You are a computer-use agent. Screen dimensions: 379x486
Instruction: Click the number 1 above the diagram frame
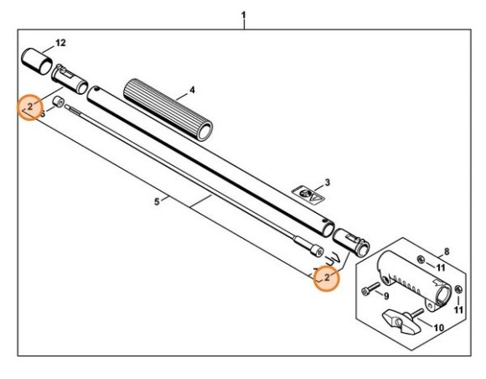[x=243, y=14]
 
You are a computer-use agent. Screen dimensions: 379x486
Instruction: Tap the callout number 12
[x=60, y=41]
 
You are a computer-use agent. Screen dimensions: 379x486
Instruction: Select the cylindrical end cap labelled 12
[x=38, y=60]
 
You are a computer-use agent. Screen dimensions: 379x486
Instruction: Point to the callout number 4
[x=192, y=89]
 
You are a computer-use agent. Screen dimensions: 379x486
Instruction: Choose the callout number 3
[x=328, y=181]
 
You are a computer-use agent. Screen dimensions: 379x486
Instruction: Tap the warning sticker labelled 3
[x=308, y=194]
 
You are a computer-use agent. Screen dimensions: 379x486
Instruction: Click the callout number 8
[x=447, y=251]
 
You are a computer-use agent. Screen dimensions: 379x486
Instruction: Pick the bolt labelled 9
[x=369, y=290]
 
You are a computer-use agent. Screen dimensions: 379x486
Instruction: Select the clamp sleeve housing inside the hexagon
[x=411, y=280]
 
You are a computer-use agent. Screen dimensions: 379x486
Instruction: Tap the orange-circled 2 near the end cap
[x=29, y=106]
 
